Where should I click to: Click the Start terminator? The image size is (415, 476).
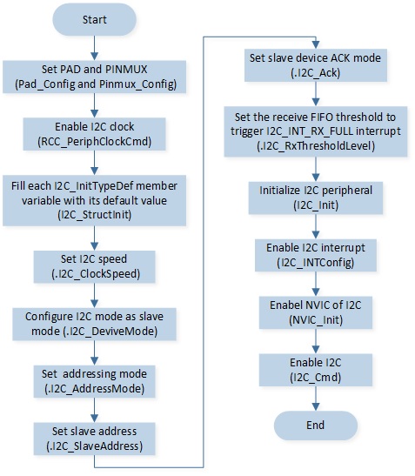(95, 20)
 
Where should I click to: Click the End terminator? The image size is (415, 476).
(316, 425)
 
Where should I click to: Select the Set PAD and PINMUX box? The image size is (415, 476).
(95, 77)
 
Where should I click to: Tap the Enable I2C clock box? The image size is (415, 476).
(95, 134)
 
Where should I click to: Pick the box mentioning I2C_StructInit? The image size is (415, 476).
(95, 200)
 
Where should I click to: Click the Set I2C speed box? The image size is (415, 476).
(95, 266)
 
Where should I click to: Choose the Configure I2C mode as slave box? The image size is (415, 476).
(95, 324)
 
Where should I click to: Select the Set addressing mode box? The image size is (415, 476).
(95, 381)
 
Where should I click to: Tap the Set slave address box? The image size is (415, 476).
(95, 439)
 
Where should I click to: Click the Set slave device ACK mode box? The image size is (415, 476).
(316, 65)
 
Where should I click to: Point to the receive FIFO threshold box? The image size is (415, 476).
(316, 131)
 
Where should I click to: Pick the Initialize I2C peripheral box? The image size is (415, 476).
(316, 198)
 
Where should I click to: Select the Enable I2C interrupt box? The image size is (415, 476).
(316, 255)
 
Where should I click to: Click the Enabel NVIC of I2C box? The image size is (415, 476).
(316, 312)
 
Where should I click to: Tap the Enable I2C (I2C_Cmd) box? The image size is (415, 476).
(316, 370)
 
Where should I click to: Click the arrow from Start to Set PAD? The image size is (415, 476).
(95, 48)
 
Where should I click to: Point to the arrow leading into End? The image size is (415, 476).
(316, 399)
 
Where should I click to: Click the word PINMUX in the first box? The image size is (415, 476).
(126, 70)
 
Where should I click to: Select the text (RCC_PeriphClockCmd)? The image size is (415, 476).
(95, 142)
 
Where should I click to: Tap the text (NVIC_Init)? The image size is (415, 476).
(316, 320)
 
